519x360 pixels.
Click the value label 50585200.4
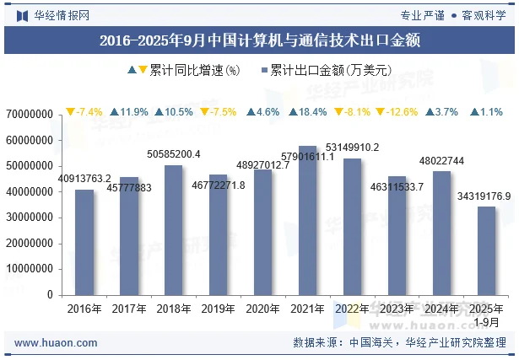(x=174, y=154)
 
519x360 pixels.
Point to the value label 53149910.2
(x=353, y=148)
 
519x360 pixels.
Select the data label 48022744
(x=442, y=161)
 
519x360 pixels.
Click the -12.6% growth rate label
(x=397, y=112)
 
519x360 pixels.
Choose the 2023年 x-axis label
(x=397, y=309)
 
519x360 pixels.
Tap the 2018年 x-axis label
(x=173, y=309)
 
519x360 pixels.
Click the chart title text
(x=259, y=40)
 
